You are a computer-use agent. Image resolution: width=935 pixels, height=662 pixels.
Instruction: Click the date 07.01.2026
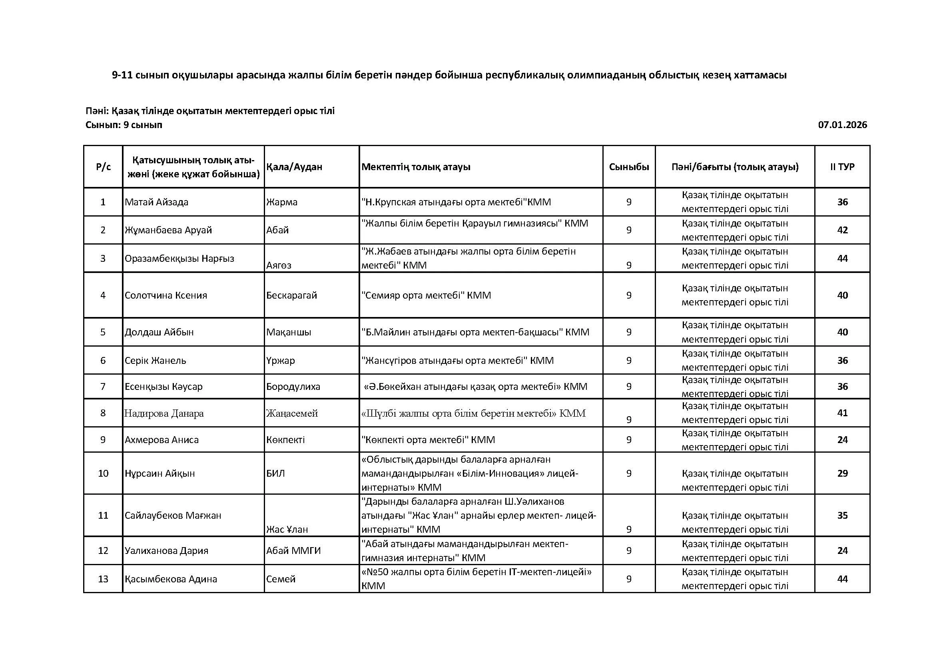click(842, 125)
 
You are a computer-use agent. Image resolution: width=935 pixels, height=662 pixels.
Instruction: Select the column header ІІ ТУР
click(842, 167)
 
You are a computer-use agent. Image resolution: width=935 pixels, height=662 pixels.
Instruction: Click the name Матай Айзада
click(156, 202)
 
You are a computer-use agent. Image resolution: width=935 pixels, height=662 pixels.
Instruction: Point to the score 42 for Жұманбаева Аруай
click(842, 230)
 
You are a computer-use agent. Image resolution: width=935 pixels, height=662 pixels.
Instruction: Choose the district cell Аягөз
click(279, 265)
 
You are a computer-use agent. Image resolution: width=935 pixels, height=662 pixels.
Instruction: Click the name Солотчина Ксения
click(166, 295)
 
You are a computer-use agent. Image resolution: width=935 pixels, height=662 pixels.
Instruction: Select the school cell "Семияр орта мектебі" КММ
click(426, 295)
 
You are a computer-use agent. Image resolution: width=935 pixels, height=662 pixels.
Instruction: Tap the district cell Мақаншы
click(289, 332)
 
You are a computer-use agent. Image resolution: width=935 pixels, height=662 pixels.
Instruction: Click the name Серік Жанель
click(155, 360)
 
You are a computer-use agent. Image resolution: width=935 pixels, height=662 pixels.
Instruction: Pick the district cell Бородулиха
click(293, 387)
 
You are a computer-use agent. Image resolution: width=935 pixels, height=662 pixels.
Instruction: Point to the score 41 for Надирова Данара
click(842, 413)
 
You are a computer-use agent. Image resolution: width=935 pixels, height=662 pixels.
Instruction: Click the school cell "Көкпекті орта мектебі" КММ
click(428, 440)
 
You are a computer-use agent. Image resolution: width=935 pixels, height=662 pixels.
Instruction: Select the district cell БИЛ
click(276, 473)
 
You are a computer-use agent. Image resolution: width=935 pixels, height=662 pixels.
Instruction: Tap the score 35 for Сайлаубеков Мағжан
click(842, 515)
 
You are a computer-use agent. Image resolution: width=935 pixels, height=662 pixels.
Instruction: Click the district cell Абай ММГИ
click(293, 551)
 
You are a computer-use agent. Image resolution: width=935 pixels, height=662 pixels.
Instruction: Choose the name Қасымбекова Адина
click(171, 579)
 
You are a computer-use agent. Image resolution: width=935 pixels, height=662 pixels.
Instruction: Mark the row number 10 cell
click(103, 473)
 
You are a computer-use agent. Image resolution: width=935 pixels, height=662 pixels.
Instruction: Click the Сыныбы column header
click(629, 167)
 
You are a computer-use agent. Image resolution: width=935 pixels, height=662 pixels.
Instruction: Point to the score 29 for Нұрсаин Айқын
click(842, 473)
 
